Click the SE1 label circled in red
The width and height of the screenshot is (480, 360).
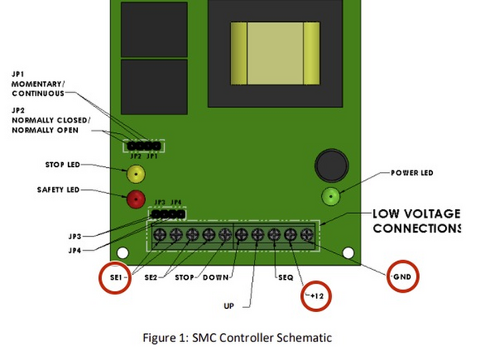(x=116, y=277)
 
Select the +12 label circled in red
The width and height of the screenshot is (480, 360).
(x=315, y=298)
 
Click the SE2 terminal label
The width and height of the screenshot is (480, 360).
(x=152, y=277)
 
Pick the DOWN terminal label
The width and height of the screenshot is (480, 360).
(x=215, y=277)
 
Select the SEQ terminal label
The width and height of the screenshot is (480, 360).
(x=283, y=277)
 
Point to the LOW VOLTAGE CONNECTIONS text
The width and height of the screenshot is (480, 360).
(x=415, y=221)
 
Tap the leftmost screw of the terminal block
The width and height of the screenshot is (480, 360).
(x=160, y=236)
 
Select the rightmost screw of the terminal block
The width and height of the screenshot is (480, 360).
(x=306, y=236)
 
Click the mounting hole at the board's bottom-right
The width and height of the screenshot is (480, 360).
(x=348, y=253)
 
